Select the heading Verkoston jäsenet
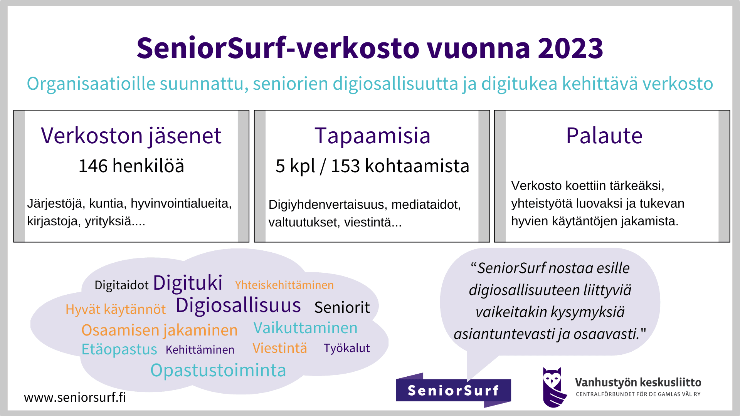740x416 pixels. pyautogui.click(x=131, y=136)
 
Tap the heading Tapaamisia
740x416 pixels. pyautogui.click(x=372, y=136)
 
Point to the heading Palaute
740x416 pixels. pyautogui.click(x=604, y=136)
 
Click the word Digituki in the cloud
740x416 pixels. pyautogui.click(x=188, y=283)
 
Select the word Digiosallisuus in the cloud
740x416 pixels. pyautogui.click(x=238, y=305)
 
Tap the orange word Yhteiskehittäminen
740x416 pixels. pyautogui.click(x=284, y=285)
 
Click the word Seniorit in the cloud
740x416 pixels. pyautogui.click(x=342, y=307)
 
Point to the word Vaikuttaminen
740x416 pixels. pyautogui.click(x=305, y=328)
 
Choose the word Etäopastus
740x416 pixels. pyautogui.click(x=119, y=349)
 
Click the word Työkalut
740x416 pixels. pyautogui.click(x=346, y=348)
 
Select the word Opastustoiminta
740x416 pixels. pyautogui.click(x=218, y=370)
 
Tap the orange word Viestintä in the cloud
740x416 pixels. pyautogui.click(x=280, y=348)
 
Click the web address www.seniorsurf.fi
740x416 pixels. pyautogui.click(x=75, y=397)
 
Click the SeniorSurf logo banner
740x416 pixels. pyautogui.click(x=453, y=390)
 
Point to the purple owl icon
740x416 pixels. pyautogui.click(x=554, y=387)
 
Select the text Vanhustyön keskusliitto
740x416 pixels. pyautogui.click(x=638, y=382)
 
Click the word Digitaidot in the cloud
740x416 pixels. pyautogui.click(x=121, y=285)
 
